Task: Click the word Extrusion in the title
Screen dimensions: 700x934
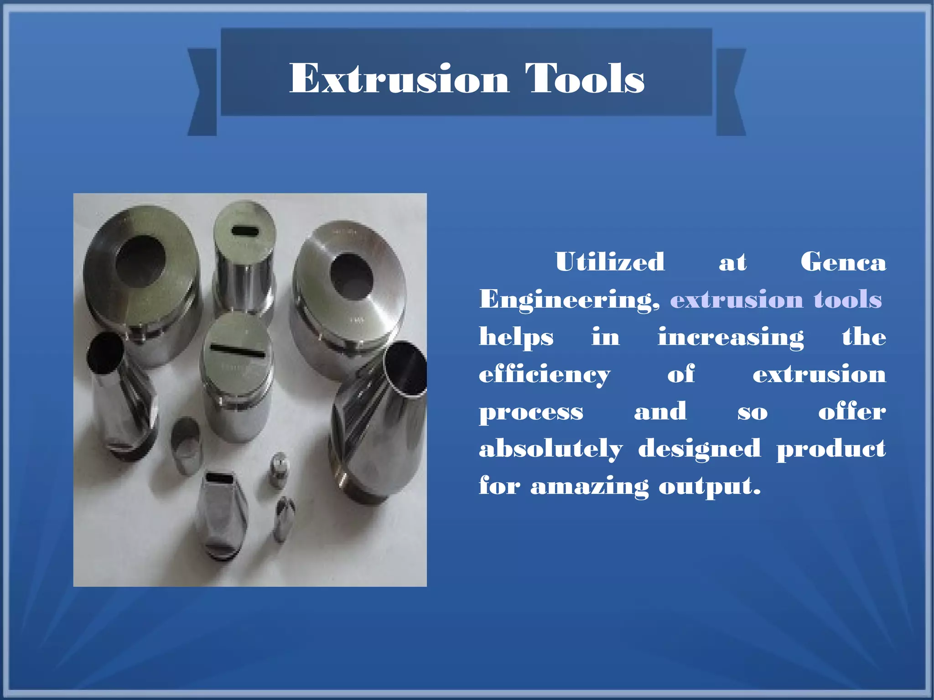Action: click(399, 79)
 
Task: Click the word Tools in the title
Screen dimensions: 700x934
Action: click(585, 79)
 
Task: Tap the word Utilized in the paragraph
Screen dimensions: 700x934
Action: click(610, 262)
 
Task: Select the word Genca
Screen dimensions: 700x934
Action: click(843, 262)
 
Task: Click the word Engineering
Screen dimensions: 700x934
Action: click(569, 301)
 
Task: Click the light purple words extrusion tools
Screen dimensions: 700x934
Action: click(776, 300)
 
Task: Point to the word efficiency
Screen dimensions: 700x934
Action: click(544, 375)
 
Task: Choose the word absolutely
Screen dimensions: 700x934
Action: click(550, 449)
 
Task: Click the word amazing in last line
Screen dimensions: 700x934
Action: click(589, 487)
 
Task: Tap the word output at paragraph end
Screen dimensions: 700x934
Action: click(709, 487)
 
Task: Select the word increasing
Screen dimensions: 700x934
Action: click(730, 338)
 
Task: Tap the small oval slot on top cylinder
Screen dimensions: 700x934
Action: click(245, 230)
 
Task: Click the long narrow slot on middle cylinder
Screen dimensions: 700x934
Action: click(237, 350)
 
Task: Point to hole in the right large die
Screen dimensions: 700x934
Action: click(352, 275)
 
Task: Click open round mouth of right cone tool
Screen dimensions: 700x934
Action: click(407, 368)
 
